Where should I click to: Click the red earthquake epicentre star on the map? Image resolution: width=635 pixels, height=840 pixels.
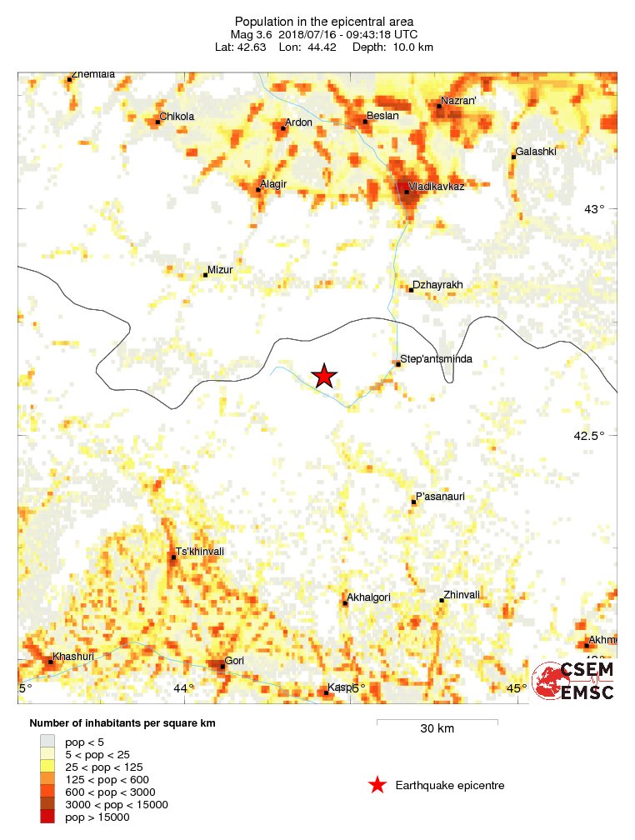[x=324, y=377]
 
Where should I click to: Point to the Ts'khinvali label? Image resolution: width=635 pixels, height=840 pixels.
[x=200, y=551]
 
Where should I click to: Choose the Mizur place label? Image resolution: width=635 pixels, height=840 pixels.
[x=221, y=270]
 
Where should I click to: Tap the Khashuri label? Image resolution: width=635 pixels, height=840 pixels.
[x=72, y=657]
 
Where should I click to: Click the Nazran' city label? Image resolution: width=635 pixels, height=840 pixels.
[x=458, y=101]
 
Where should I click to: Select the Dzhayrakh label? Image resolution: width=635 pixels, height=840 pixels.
[x=439, y=285]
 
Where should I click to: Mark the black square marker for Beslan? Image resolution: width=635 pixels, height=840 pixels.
[x=365, y=122]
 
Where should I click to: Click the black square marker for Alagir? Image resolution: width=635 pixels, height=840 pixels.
[x=258, y=190]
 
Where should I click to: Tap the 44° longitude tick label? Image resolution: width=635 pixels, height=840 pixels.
[x=183, y=687]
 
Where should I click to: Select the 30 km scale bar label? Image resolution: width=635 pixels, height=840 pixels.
[x=437, y=729]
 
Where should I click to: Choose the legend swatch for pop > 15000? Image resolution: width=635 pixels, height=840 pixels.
[x=47, y=817]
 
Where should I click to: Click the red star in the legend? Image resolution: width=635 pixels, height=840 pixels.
[x=377, y=785]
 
